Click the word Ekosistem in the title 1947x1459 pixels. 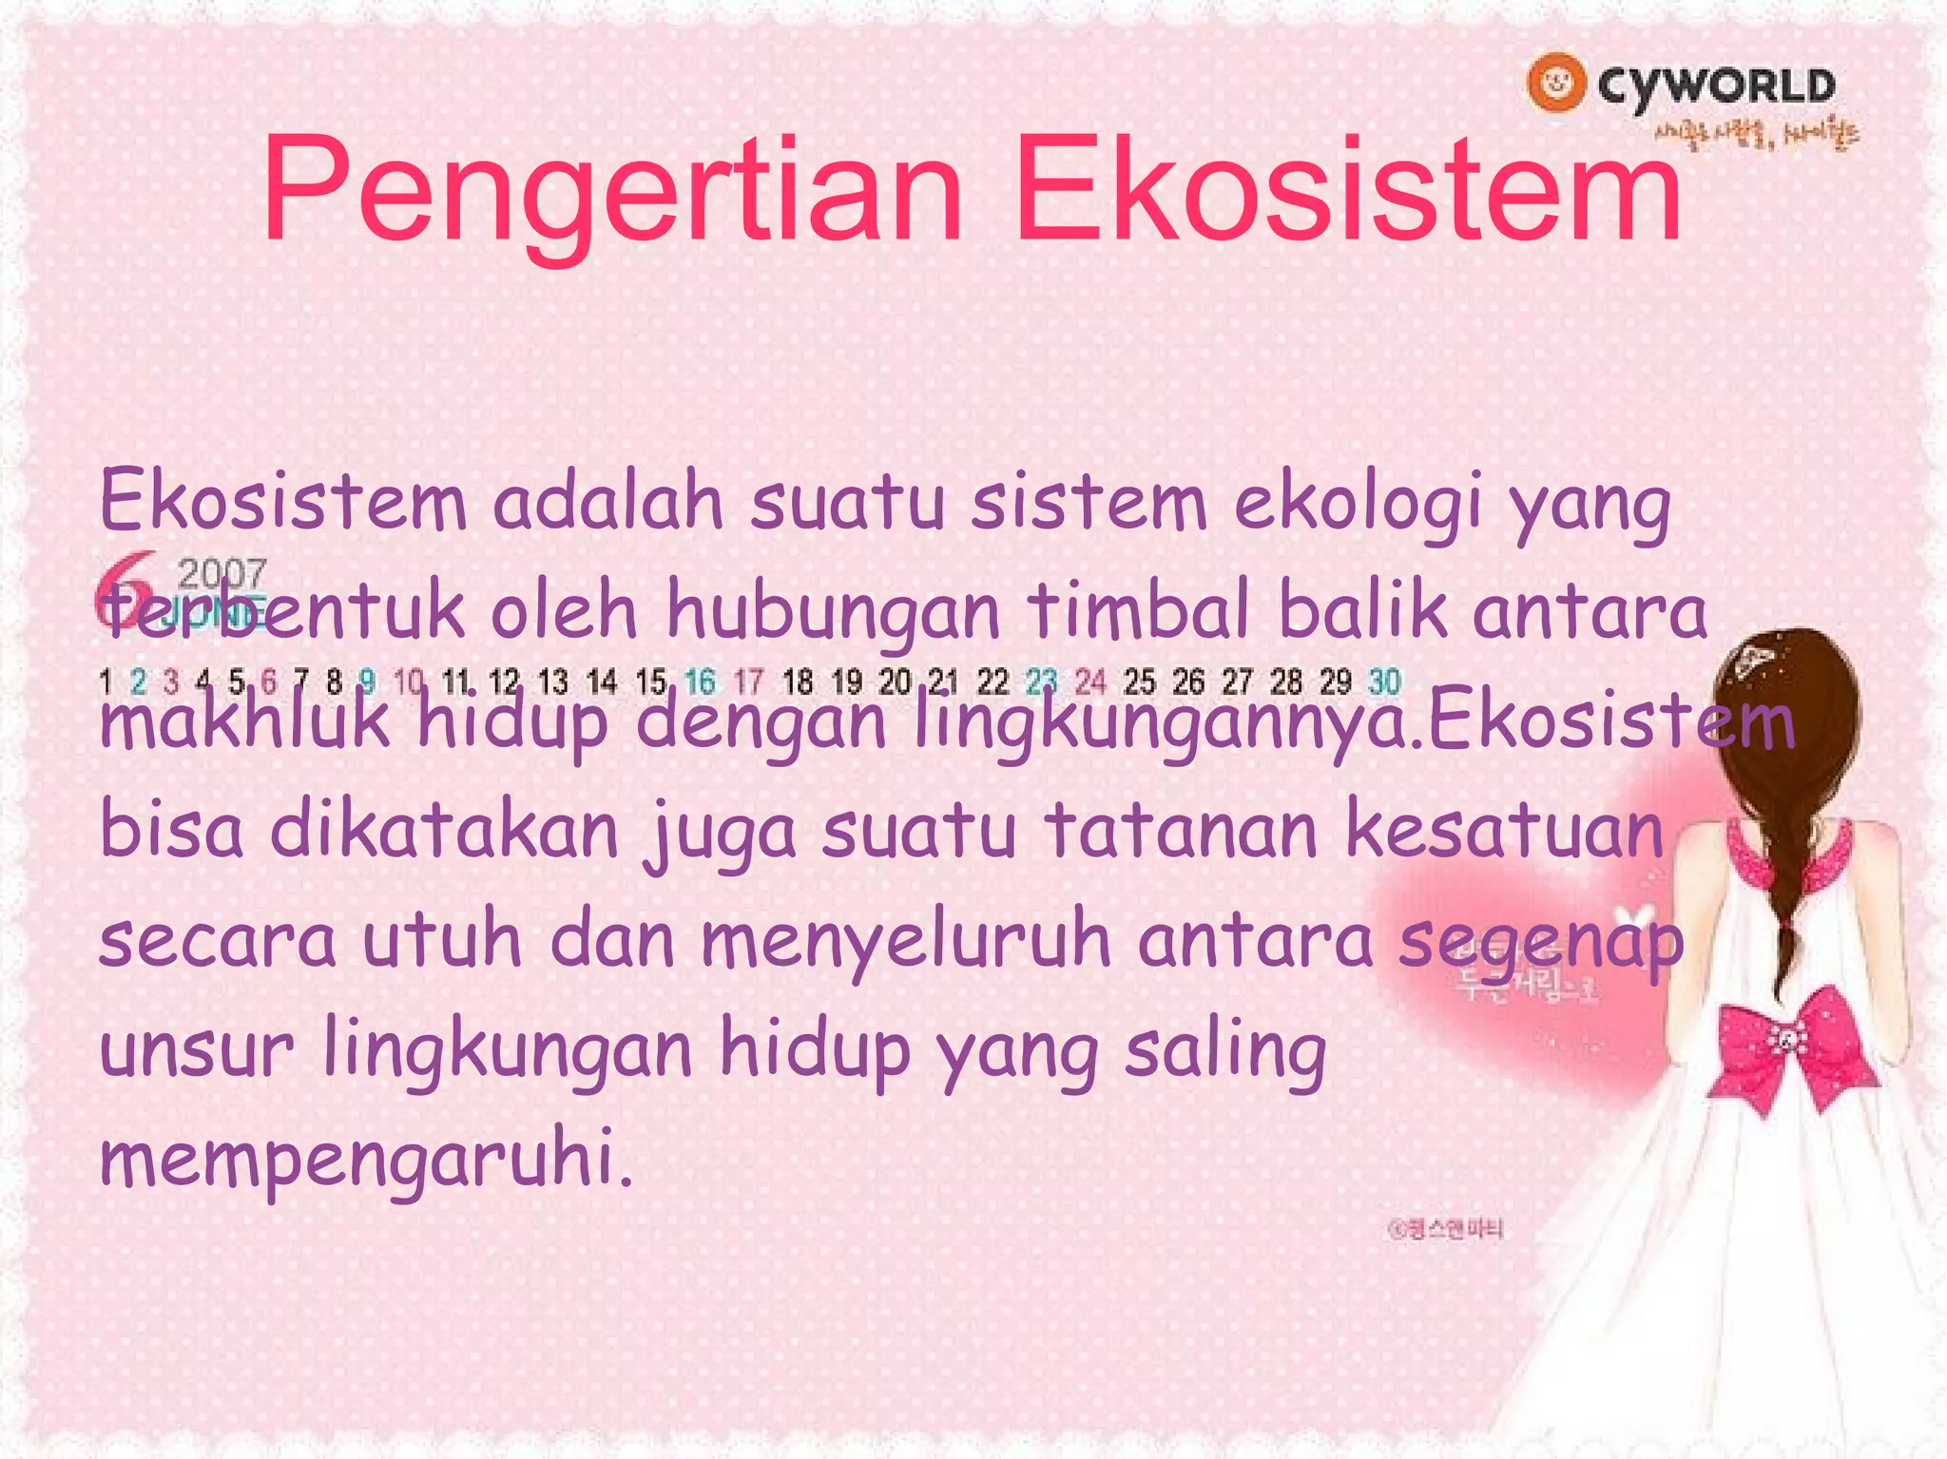[1348, 190]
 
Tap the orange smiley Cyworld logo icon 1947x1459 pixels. [1556, 83]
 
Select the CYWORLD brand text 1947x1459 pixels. [1716, 86]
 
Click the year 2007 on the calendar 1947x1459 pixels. [222, 572]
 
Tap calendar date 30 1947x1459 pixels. [1384, 682]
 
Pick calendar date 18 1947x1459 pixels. [797, 682]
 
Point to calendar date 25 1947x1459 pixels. [1139, 682]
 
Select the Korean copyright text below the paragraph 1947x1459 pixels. [1445, 1230]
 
